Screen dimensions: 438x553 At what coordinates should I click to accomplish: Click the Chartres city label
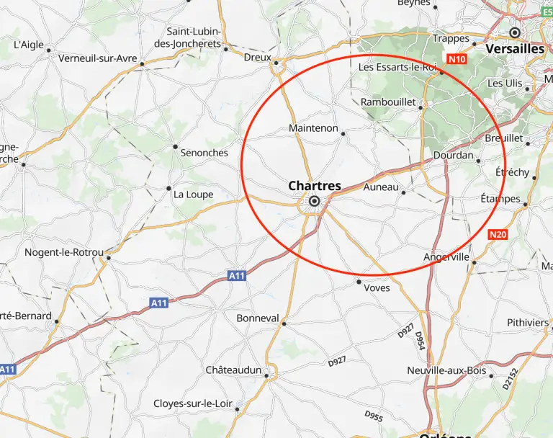pos(315,186)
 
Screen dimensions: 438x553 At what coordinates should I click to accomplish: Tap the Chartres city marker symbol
pos(315,202)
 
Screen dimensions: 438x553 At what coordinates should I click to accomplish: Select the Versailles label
pos(515,48)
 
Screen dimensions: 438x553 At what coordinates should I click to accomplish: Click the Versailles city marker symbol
pos(515,32)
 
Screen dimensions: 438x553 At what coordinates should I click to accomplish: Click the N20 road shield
pos(498,234)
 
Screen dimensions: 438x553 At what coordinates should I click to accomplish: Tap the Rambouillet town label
pos(388,102)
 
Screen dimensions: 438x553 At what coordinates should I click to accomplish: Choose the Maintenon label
pos(313,128)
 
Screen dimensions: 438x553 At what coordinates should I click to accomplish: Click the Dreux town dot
pos(276,63)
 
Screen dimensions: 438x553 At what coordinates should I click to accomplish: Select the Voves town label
pos(377,287)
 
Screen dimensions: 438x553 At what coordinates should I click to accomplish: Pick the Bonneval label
pos(258,318)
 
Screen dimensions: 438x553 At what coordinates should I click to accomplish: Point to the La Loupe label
pos(194,195)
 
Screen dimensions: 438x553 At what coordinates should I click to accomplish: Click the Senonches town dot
pos(175,146)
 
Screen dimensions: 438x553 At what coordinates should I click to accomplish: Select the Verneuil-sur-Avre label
pos(98,58)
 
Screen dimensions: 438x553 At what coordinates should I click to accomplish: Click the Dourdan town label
pos(454,156)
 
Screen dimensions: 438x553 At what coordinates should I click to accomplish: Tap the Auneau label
pos(381,187)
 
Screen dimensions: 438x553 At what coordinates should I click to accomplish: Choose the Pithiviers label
pos(528,322)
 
